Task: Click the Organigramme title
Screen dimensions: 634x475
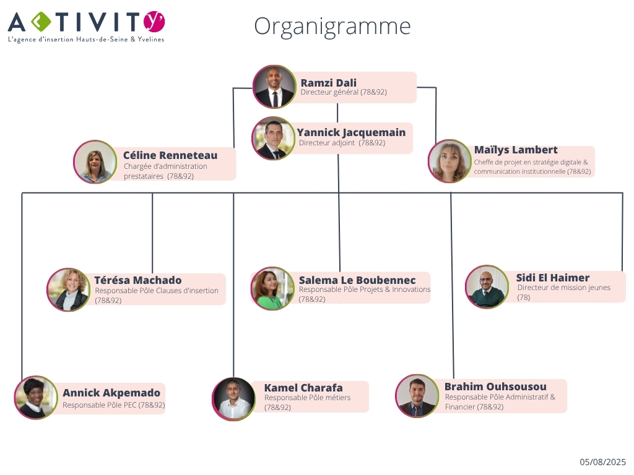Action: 332,27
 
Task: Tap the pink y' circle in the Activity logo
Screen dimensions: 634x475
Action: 154,22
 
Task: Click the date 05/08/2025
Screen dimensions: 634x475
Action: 602,461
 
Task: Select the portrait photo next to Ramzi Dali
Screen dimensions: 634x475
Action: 274,87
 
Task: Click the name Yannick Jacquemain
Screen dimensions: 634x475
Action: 351,132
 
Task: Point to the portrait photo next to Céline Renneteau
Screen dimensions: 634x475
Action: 95,161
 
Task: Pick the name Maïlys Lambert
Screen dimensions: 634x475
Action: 516,150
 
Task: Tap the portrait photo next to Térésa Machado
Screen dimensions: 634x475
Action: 69,289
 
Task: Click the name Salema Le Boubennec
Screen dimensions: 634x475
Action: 357,280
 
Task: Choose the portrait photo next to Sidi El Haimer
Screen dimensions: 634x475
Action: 487,287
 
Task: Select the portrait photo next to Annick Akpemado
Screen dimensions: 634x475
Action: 36,398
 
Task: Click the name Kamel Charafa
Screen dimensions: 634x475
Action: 303,388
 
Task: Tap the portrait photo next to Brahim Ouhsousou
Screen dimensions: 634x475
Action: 417,396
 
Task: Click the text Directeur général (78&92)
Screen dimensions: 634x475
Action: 344,92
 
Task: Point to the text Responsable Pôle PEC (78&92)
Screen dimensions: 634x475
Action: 114,404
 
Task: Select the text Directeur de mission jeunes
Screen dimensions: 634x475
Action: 563,288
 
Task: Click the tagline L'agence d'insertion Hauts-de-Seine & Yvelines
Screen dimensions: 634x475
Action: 86,39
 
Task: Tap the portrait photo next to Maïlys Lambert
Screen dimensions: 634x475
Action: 449,161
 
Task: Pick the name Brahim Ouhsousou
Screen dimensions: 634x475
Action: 495,387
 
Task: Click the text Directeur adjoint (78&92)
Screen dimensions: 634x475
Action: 342,143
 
